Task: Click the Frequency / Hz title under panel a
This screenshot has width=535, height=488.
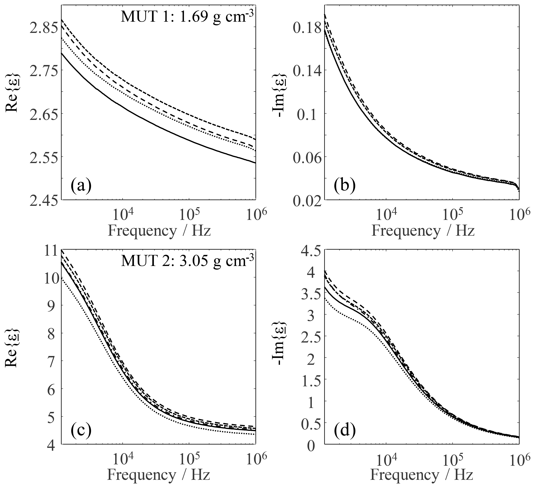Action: point(159,231)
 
